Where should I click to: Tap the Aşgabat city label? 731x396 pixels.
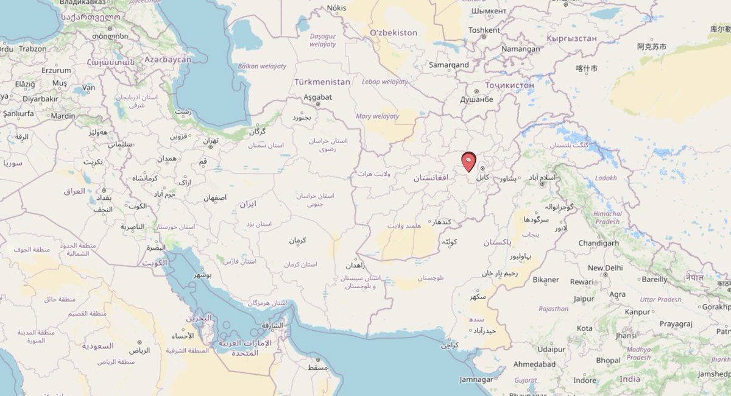pyautogui.click(x=317, y=97)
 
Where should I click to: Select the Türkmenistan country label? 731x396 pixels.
pyautogui.click(x=322, y=82)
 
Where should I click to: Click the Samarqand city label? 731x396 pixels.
pyautogui.click(x=448, y=65)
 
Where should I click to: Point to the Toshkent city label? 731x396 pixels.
pyautogui.click(x=484, y=29)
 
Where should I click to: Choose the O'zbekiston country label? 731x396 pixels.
pyautogui.click(x=394, y=32)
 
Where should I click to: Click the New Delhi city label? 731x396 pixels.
pyautogui.click(x=605, y=268)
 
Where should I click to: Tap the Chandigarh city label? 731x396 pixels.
pyautogui.click(x=599, y=242)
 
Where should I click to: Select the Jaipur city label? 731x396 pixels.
pyautogui.click(x=583, y=299)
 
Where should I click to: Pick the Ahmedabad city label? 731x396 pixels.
pyautogui.click(x=534, y=364)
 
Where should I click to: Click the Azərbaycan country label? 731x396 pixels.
pyautogui.click(x=168, y=60)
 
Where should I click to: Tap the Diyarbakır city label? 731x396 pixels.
pyautogui.click(x=40, y=99)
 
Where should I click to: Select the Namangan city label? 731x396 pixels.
pyautogui.click(x=520, y=49)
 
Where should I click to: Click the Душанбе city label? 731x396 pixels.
pyautogui.click(x=476, y=99)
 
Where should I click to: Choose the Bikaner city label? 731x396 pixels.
pyautogui.click(x=545, y=280)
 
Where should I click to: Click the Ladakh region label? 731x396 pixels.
pyautogui.click(x=606, y=178)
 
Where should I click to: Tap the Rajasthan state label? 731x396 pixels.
pyautogui.click(x=553, y=309)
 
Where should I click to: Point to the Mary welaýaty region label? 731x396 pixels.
pyautogui.click(x=378, y=116)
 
